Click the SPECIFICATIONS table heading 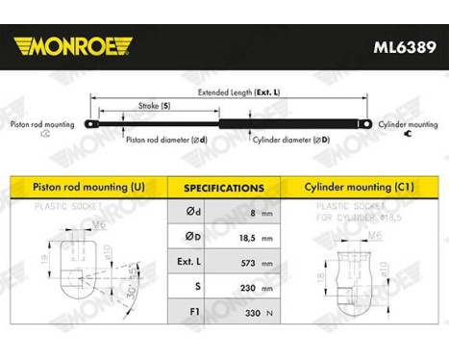[x=224, y=188]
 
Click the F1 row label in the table [x=188, y=310]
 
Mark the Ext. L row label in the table [x=188, y=261]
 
